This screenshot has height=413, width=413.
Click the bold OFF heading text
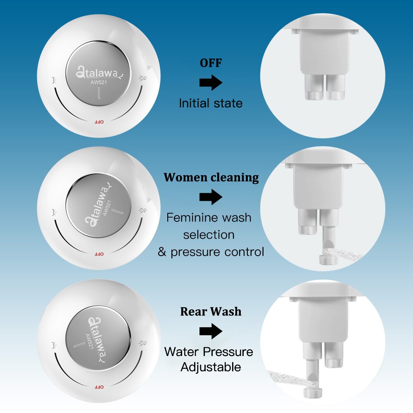(211, 63)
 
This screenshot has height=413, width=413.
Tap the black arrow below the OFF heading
(211, 83)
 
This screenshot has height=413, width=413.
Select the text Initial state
(211, 103)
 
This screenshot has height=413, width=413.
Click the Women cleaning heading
(211, 177)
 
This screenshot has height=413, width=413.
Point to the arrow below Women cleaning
(211, 197)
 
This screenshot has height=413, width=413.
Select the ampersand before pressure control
(162, 252)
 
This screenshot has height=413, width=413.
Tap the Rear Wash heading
(211, 311)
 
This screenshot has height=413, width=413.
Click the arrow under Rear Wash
(211, 331)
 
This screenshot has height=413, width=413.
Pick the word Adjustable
(211, 367)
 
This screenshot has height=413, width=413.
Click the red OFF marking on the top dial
(99, 122)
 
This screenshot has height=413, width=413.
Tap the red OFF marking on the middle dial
(99, 254)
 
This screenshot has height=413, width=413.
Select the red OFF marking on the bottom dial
(99, 387)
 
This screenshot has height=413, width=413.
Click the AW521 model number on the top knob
(99, 82)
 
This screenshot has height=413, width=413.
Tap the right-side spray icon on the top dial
(142, 78)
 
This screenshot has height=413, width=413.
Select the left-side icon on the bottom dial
(55, 345)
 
